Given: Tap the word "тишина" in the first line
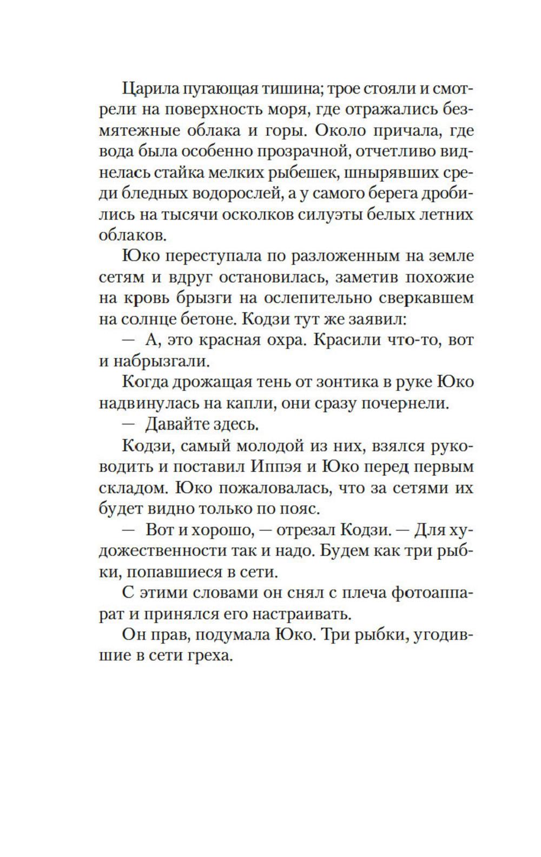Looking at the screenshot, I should [288, 88].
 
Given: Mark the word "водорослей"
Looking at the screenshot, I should [222, 194].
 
